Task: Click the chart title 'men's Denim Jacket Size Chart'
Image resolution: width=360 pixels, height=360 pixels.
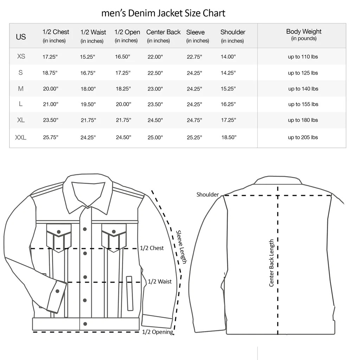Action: (163, 13)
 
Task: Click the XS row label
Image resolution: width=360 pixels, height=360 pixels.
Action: (21, 56)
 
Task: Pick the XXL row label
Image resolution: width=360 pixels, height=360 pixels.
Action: (21, 137)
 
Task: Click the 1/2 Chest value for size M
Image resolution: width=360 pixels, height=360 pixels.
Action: (51, 89)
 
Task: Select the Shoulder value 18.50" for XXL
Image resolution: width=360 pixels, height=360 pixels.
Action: (229, 137)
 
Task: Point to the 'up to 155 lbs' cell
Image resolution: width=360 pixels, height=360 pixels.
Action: (303, 104)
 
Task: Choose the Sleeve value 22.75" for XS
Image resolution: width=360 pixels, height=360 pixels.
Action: (194, 57)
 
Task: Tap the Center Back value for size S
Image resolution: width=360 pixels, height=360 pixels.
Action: (155, 73)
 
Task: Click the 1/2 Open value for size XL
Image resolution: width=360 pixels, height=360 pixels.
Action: (123, 120)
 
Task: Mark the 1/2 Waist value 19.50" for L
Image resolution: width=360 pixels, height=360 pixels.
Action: (88, 104)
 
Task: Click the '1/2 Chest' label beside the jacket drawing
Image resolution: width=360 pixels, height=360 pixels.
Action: (152, 248)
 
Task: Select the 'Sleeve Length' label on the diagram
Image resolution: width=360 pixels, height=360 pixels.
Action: (181, 247)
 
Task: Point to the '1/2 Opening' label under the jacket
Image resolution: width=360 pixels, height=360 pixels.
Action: (157, 332)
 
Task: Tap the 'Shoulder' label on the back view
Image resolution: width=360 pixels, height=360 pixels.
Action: (207, 194)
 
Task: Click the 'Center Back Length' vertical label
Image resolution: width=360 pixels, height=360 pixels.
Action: (271, 263)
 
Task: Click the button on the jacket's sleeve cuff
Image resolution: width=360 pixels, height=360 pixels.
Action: (57, 291)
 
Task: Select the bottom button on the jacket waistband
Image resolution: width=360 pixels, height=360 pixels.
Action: (85, 324)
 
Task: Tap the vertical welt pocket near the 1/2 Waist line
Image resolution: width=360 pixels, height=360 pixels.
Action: (130, 294)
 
